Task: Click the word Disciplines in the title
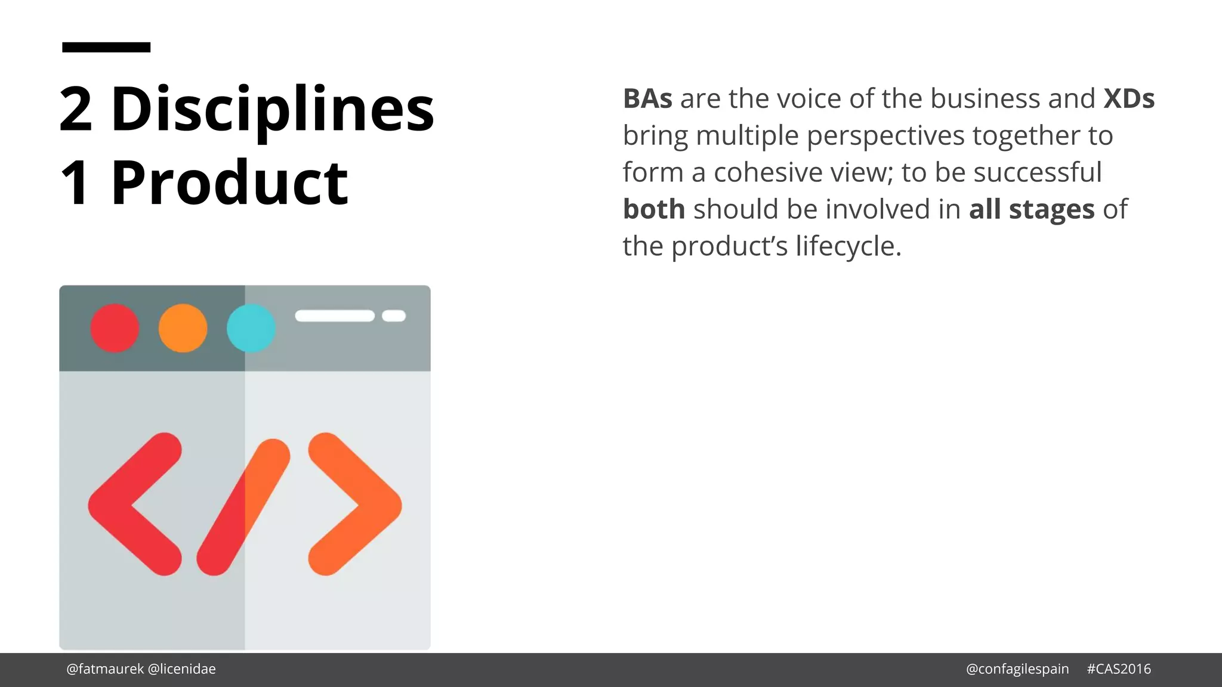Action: [273, 109]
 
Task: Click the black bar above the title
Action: [106, 47]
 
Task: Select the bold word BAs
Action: [647, 99]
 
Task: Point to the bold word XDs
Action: [1128, 99]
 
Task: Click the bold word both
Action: [653, 209]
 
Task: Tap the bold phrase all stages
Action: [1032, 209]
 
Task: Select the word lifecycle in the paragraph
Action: [848, 246]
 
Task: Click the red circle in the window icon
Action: [115, 328]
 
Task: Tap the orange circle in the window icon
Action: [183, 328]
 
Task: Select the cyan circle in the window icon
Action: [251, 328]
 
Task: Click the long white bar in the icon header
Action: [335, 316]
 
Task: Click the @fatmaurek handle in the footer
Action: [105, 669]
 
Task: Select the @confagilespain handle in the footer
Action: [1017, 669]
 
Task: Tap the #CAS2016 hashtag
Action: [1119, 669]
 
